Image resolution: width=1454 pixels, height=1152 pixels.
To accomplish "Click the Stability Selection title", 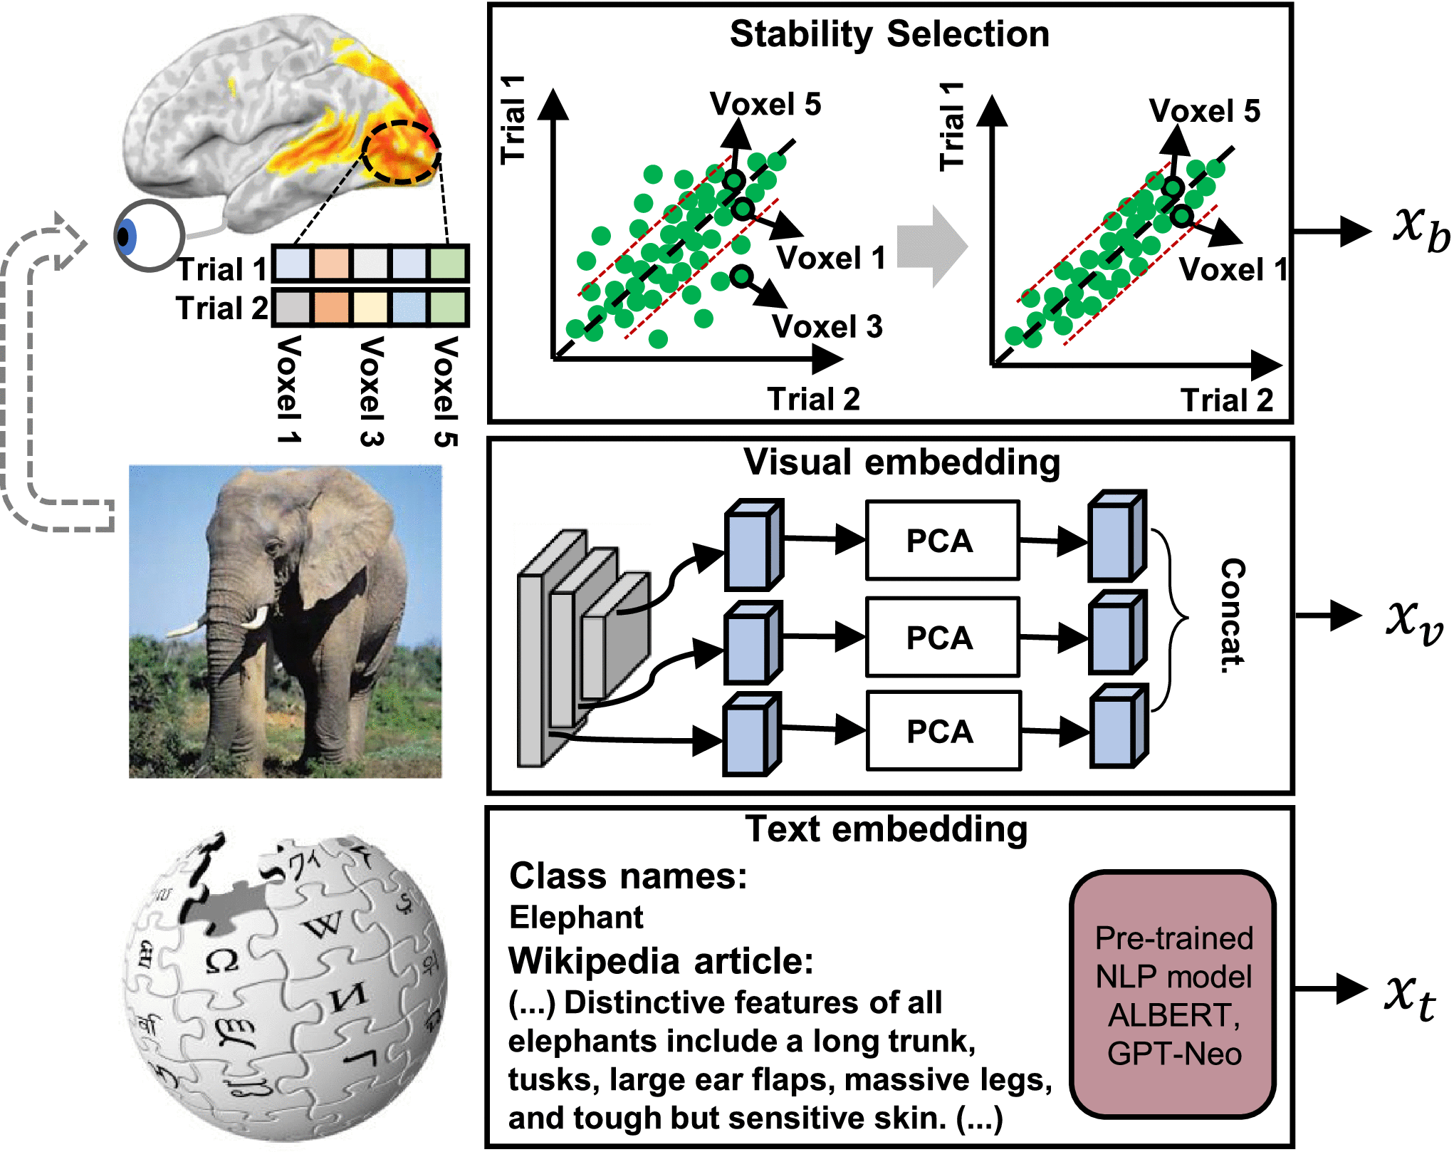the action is tap(889, 35).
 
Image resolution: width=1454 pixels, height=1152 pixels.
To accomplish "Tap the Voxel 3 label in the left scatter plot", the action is tap(827, 326).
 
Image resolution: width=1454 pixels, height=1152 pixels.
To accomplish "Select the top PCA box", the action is tap(942, 540).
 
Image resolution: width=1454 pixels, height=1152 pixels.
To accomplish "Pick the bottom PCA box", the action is tap(943, 731).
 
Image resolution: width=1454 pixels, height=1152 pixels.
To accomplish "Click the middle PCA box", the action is tap(942, 637).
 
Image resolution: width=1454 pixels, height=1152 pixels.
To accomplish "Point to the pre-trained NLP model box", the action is tap(1173, 995).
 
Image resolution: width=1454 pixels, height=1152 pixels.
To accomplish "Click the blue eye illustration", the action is tap(148, 236).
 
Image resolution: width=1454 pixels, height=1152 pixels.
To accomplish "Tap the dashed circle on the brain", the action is tap(401, 152).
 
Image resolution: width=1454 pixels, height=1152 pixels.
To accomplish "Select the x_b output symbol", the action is tap(1421, 229).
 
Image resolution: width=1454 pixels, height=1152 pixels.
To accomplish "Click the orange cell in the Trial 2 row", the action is tap(330, 308).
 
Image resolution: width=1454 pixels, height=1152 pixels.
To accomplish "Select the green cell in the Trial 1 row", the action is tap(448, 263).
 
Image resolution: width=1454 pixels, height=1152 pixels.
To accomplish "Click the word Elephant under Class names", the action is tap(576, 917).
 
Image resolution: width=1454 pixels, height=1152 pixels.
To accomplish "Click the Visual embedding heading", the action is tap(901, 463).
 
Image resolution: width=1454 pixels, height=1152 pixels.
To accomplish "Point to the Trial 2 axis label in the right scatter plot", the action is tap(1227, 400).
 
